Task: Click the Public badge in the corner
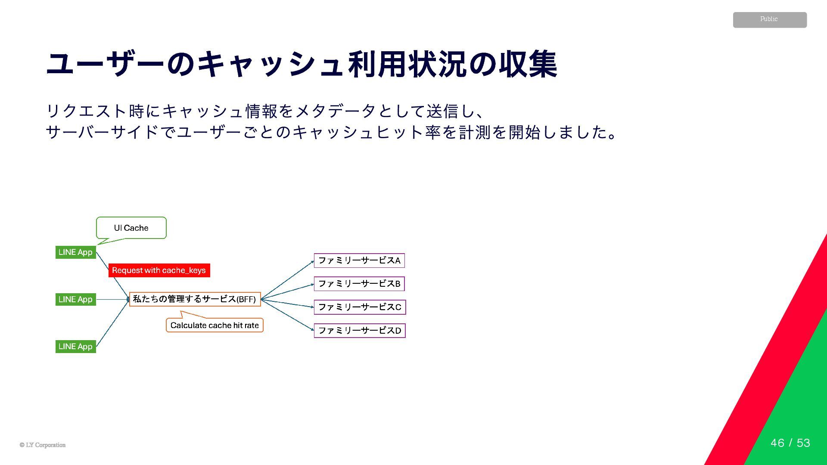(769, 20)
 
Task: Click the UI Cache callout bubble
(131, 228)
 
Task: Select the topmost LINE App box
(76, 252)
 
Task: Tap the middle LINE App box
(76, 299)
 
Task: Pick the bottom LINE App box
(76, 347)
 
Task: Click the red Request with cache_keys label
(159, 270)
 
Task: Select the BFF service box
(195, 299)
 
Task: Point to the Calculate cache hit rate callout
(215, 325)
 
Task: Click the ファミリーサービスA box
(359, 260)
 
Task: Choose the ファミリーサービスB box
(359, 284)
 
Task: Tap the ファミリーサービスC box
(360, 307)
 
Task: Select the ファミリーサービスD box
(360, 331)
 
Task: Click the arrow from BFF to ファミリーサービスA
(287, 280)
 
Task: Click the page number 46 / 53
(790, 443)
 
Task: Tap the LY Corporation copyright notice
(43, 445)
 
